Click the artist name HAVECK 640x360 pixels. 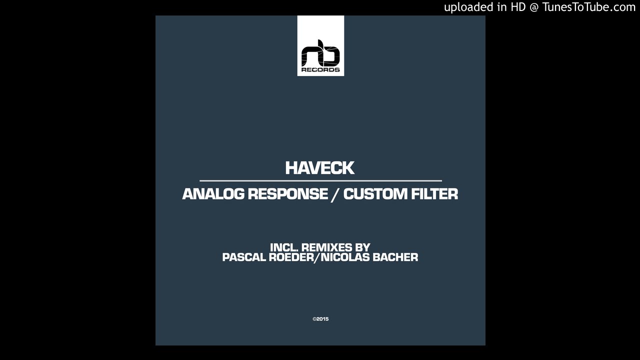pyautogui.click(x=320, y=168)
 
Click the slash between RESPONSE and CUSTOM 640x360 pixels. pyautogui.click(x=335, y=194)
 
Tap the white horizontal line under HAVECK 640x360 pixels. pyautogui.click(x=320, y=180)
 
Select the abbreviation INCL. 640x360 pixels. pyautogui.click(x=284, y=247)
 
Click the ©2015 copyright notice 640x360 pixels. pyautogui.click(x=320, y=319)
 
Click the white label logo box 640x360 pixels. pyautogui.click(x=320, y=46)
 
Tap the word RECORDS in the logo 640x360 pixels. pyautogui.click(x=320, y=69)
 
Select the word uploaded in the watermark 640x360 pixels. pyautogui.click(x=468, y=7)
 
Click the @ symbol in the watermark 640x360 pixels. pyautogui.click(x=533, y=7)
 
